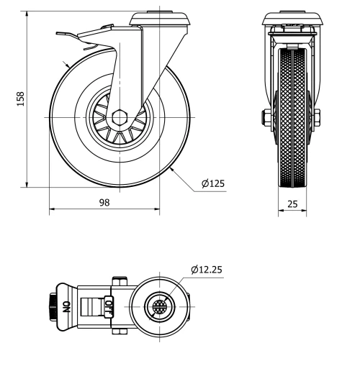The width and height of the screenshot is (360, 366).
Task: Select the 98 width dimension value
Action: click(104, 203)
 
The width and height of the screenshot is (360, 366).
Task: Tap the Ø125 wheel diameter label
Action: click(213, 183)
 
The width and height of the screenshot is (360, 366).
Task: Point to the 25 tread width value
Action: click(293, 204)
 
